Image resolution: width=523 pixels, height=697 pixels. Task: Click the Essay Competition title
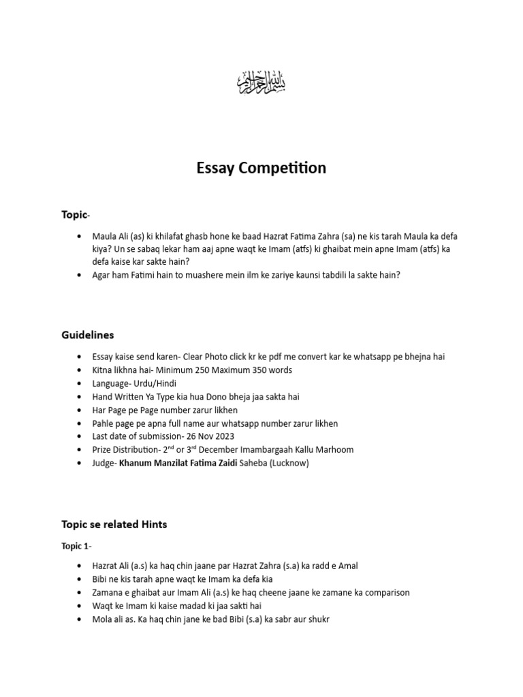point(261,168)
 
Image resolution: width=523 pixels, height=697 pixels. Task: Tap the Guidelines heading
point(88,335)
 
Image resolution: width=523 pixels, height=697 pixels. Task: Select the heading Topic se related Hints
point(114,524)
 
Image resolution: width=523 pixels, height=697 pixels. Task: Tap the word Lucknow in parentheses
point(289,463)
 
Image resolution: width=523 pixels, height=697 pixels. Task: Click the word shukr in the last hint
point(317,619)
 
